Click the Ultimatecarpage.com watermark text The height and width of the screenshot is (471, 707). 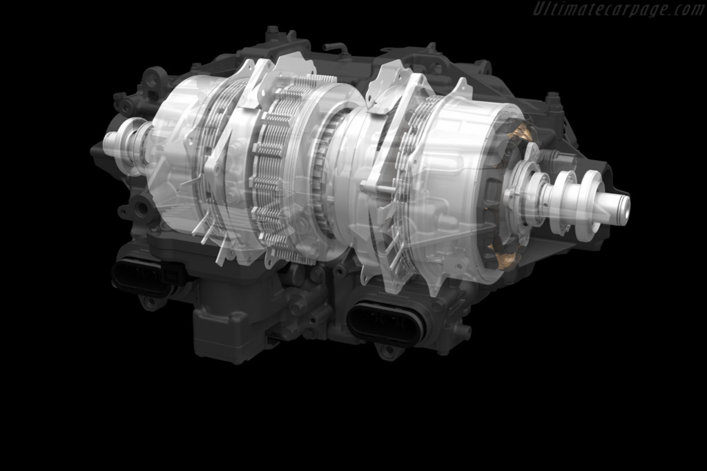[619, 9]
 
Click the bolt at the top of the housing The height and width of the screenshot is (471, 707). [272, 31]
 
